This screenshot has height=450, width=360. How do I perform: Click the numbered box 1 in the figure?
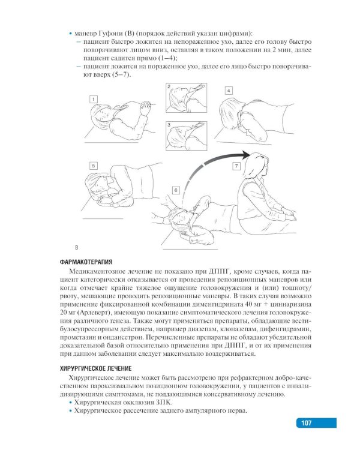[x=94, y=98]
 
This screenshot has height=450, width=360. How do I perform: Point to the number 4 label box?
[x=229, y=90]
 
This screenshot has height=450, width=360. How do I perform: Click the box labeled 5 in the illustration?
[x=94, y=164]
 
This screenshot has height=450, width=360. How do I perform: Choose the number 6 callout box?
[x=175, y=190]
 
